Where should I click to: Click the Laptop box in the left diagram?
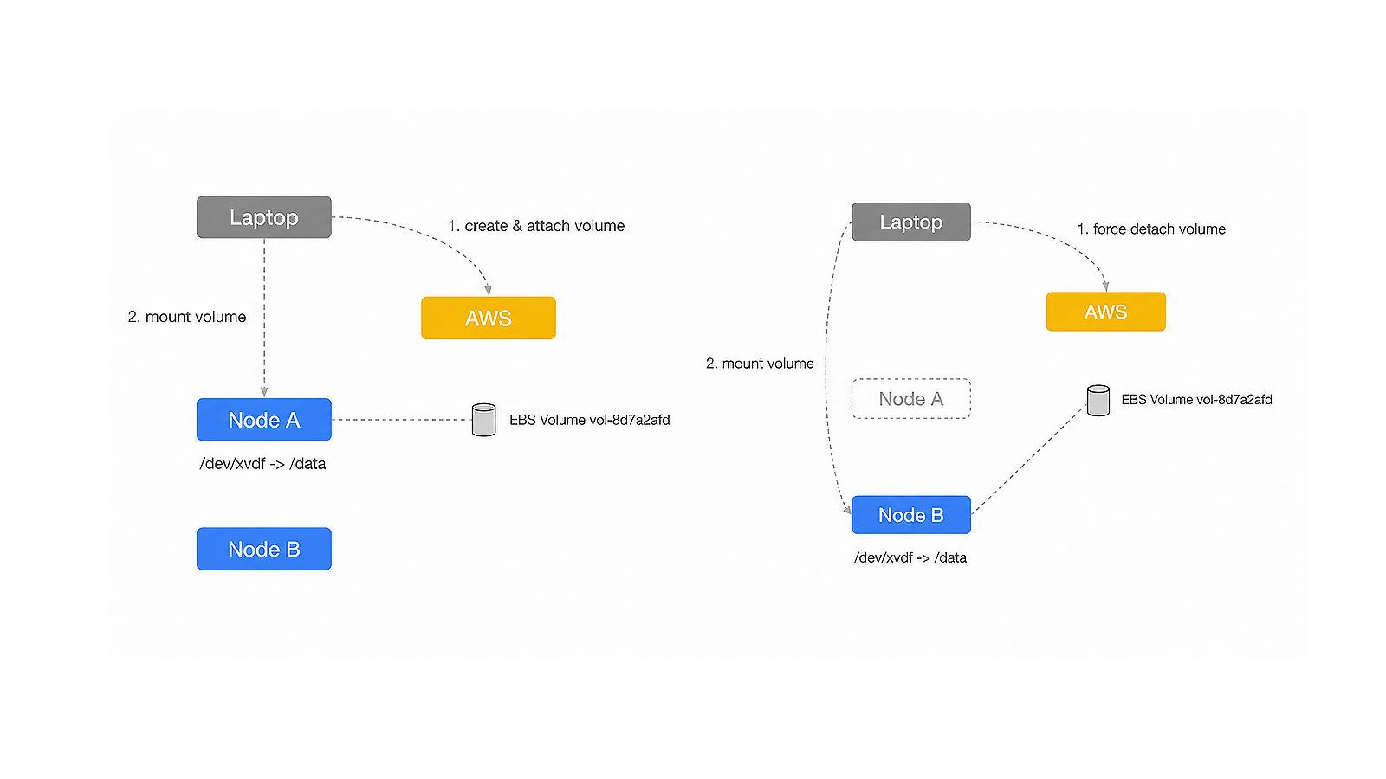[264, 217]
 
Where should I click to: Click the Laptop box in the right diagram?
[910, 222]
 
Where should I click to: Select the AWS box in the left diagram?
[489, 318]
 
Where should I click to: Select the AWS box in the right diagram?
[1105, 312]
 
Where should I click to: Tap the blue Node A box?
[264, 420]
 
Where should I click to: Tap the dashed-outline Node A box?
[910, 399]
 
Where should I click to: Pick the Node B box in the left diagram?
[264, 549]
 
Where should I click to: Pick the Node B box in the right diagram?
[910, 515]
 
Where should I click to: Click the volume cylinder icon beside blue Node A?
[483, 420]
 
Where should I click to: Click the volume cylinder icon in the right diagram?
[1098, 401]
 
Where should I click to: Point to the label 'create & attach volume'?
[545, 226]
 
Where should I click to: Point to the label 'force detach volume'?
[1159, 229]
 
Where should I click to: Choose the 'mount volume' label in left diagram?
[196, 317]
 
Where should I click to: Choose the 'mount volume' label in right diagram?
[767, 364]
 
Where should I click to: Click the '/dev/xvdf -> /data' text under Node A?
[262, 464]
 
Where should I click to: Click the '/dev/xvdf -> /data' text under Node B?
[910, 557]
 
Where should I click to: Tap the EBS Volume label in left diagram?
[590, 421]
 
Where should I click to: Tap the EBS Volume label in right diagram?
[1196, 400]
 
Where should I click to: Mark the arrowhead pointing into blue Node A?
[264, 393]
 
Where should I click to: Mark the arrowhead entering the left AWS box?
[489, 291]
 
